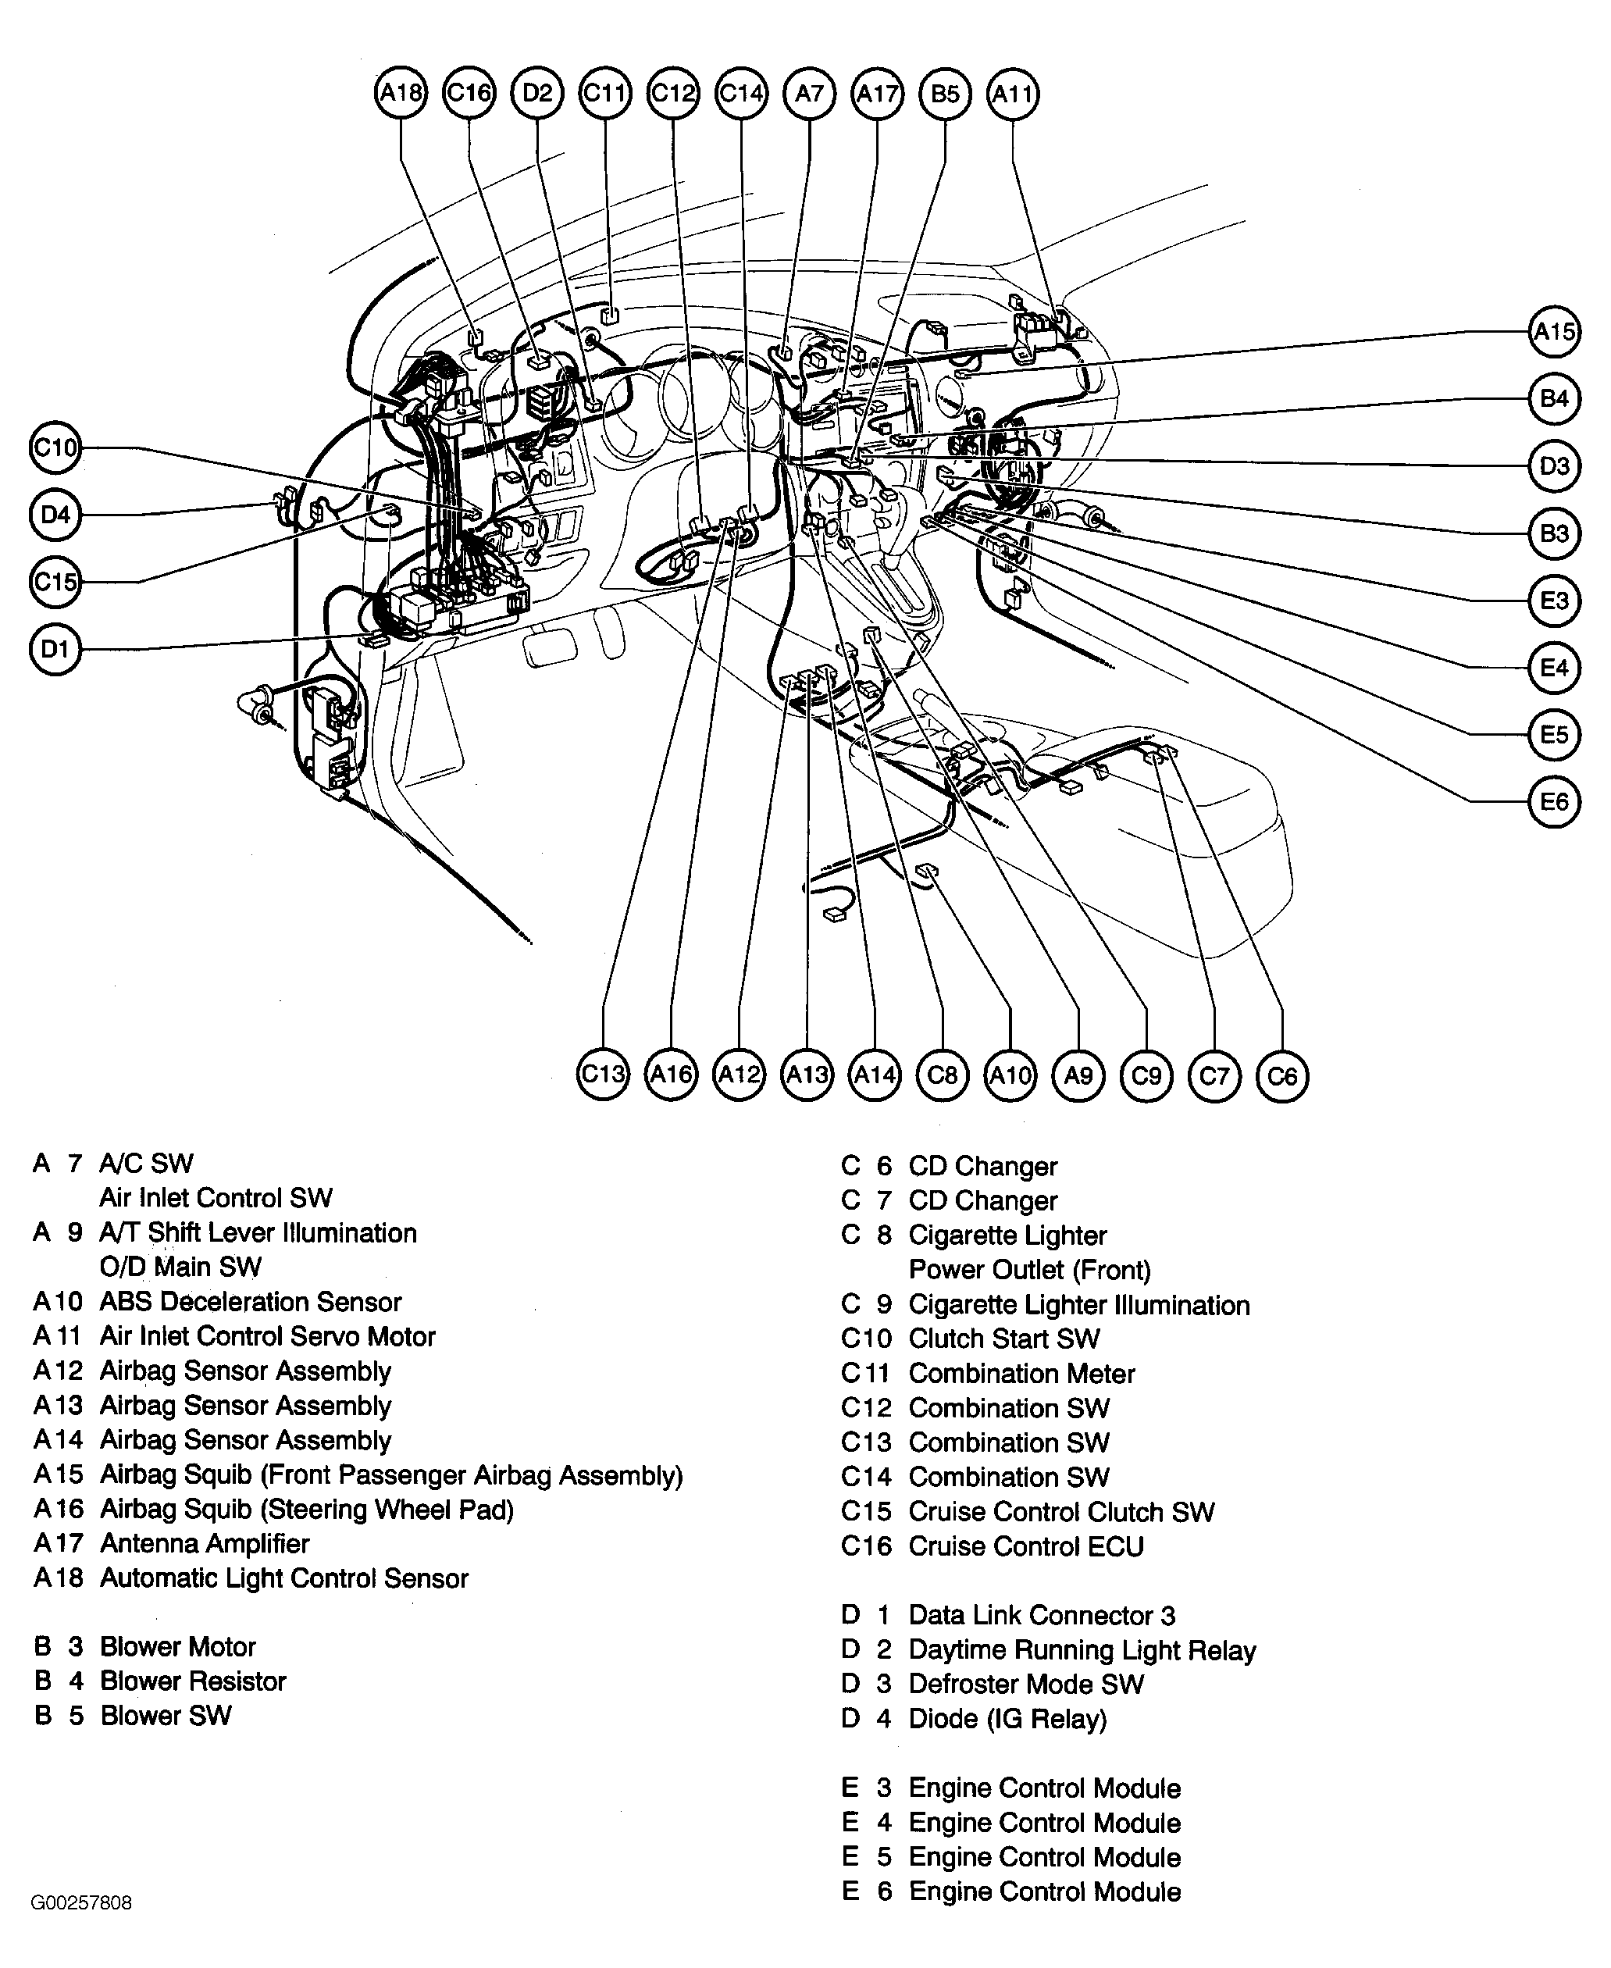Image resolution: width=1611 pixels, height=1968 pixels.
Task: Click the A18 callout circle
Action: click(401, 93)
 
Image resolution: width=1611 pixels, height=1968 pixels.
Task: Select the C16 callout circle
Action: click(469, 93)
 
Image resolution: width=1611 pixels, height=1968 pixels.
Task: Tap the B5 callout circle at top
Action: click(945, 94)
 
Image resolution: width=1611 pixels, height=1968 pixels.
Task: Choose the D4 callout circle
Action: click(55, 514)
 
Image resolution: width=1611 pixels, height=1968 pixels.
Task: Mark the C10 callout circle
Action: click(55, 448)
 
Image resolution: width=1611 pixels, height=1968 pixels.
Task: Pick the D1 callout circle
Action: click(55, 648)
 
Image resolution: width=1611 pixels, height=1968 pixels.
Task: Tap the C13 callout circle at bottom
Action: click(603, 1075)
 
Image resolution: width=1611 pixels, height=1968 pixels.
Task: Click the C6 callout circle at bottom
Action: click(1281, 1075)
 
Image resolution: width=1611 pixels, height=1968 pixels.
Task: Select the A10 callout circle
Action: click(1010, 1075)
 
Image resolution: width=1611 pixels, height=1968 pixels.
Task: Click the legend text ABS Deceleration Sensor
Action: click(251, 1302)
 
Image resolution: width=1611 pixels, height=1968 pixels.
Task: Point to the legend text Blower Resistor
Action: click(193, 1681)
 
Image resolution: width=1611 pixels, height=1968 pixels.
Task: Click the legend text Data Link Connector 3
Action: click(1041, 1616)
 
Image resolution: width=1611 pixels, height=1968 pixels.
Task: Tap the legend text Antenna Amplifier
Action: click(204, 1543)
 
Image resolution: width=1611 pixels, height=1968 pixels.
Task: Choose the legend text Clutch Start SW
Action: click(1004, 1339)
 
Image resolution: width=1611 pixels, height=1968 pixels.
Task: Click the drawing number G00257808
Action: click(82, 1903)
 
